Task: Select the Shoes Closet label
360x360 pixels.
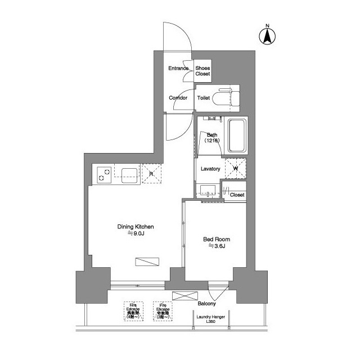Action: (x=202, y=71)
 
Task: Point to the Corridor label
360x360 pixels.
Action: (x=178, y=98)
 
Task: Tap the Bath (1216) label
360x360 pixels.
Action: (x=212, y=138)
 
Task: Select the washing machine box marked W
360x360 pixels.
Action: (x=235, y=168)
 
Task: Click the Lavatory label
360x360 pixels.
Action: (x=210, y=169)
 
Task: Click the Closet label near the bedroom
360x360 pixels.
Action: (x=237, y=195)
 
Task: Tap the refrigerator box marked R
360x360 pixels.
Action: (x=151, y=173)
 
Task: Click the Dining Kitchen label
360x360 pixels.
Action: (x=136, y=227)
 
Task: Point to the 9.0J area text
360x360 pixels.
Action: (x=136, y=235)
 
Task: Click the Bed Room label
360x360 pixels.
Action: (x=217, y=239)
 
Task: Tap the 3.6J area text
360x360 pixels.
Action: (x=217, y=246)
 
